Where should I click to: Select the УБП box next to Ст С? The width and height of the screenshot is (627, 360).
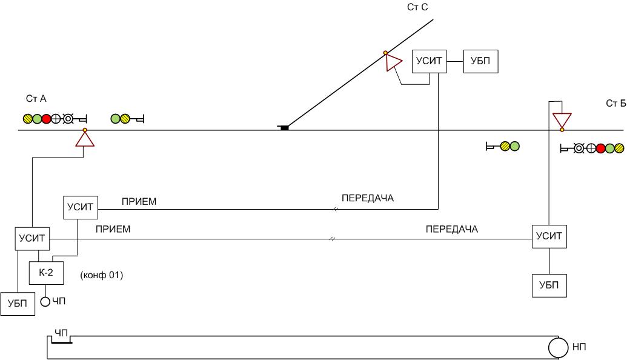[481, 61]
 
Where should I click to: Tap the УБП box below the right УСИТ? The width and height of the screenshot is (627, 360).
[549, 285]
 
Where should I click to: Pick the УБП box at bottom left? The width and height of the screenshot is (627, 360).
[18, 304]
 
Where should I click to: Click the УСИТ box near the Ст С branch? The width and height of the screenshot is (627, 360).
[430, 61]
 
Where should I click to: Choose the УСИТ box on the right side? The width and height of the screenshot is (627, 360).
[549, 236]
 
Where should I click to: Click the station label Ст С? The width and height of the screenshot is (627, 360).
[418, 7]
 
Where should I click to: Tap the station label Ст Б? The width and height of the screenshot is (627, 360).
[615, 103]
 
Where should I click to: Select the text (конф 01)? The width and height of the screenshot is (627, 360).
[101, 276]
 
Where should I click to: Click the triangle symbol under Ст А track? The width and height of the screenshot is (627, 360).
[85, 139]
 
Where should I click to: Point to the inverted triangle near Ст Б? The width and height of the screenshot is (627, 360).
[562, 120]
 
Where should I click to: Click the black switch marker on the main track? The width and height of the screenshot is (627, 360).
[284, 127]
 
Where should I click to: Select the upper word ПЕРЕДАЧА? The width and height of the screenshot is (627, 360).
[368, 198]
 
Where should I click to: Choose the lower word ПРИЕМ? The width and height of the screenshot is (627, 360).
[113, 229]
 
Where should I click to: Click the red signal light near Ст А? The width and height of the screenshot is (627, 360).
[46, 119]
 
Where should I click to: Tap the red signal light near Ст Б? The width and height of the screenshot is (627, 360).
[600, 147]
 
